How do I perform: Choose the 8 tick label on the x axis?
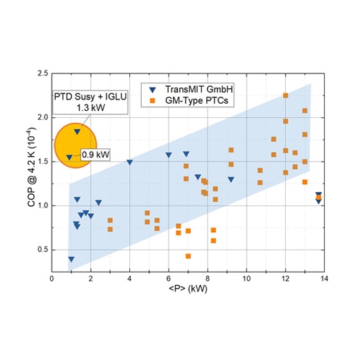[207, 279]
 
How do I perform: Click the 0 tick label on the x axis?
[52, 279]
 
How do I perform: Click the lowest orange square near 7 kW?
[188, 256]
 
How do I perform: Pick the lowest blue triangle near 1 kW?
[71, 259]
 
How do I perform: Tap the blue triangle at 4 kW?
[130, 162]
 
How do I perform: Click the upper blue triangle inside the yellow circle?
[77, 131]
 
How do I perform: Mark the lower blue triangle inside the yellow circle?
[69, 157]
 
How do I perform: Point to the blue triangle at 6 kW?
[169, 155]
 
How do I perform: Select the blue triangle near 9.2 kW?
[231, 179]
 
